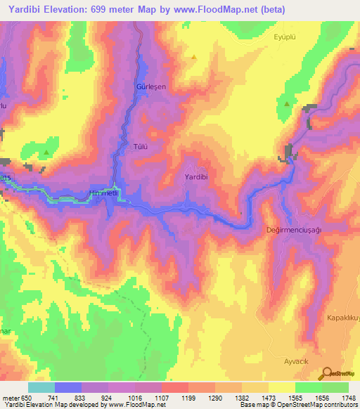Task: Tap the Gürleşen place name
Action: (x=138, y=86)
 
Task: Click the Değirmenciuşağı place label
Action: (x=294, y=230)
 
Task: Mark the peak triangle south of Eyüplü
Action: (x=287, y=104)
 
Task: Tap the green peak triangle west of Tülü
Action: (x=46, y=152)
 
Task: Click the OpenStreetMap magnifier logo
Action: (x=326, y=373)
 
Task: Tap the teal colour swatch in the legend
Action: (x=41, y=387)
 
